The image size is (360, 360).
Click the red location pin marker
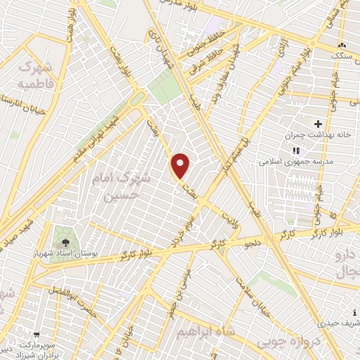181,166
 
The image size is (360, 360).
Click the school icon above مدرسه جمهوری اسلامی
296,150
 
